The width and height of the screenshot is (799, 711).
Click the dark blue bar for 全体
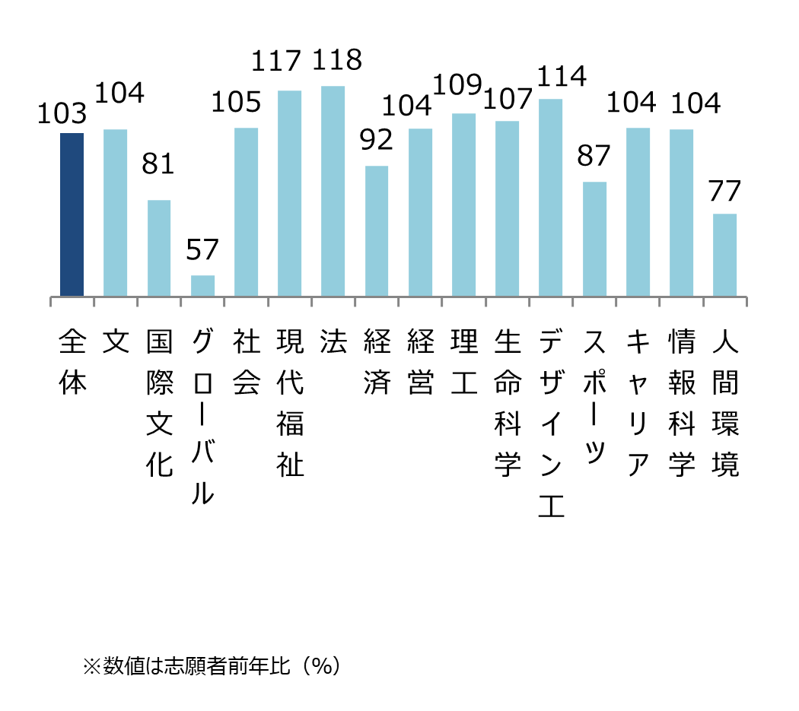[x=72, y=214]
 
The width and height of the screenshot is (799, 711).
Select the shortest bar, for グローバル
[x=202, y=286]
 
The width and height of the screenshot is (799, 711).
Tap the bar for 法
[x=333, y=191]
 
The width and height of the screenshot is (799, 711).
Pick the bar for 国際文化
[x=159, y=248]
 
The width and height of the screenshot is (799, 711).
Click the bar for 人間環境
[x=724, y=255]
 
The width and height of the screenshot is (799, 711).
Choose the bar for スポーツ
[x=594, y=239]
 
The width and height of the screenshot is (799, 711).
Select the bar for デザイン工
[x=550, y=198]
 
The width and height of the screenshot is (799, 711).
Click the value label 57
[x=202, y=249]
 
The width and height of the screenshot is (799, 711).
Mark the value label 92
[x=376, y=140]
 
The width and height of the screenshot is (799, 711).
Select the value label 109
[x=460, y=85]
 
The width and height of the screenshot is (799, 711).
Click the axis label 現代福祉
[x=290, y=403]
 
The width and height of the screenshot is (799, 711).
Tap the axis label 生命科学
[x=507, y=403]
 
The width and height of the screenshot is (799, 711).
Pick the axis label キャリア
[x=638, y=403]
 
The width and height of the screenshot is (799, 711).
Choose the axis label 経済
[x=377, y=363]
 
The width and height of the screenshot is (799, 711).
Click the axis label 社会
[x=246, y=363]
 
